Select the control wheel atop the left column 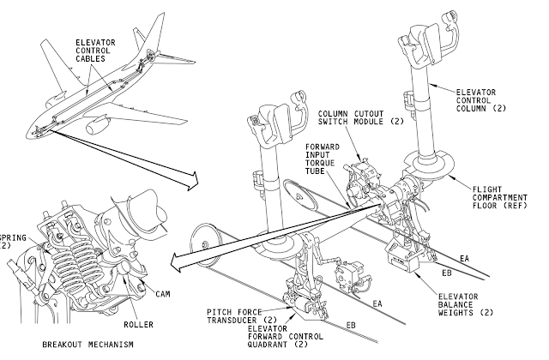pyautogui.click(x=278, y=129)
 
